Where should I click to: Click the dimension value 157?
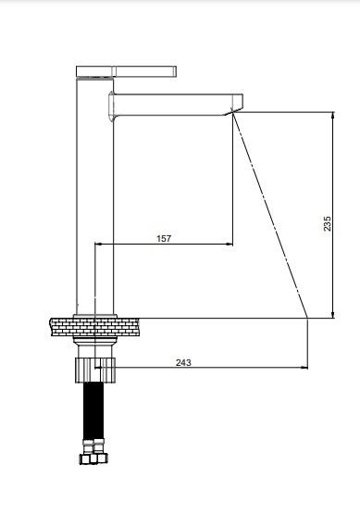click(164, 238)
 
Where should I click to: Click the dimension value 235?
click(328, 223)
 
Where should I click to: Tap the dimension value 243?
click(183, 362)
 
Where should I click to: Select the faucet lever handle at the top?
click(127, 71)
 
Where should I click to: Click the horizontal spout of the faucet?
click(176, 105)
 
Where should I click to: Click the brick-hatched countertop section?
click(94, 327)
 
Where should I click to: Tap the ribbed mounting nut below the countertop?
click(95, 371)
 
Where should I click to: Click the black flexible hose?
click(94, 410)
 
